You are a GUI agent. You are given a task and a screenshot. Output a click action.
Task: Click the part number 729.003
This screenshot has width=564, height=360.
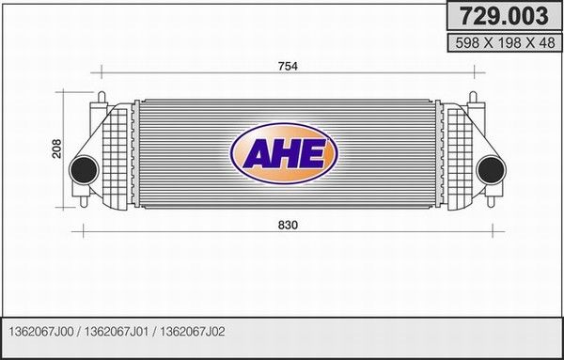(x=504, y=16)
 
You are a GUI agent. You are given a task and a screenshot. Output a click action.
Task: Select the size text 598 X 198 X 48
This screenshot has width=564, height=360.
(x=505, y=43)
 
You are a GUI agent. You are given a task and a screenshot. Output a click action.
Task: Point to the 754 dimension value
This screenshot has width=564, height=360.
(x=288, y=66)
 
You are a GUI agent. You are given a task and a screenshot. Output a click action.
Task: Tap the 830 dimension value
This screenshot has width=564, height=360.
(x=288, y=226)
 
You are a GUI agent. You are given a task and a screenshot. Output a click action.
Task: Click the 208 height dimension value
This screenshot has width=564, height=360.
(x=57, y=149)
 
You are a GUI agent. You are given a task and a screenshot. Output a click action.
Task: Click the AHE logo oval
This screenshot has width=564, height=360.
(x=284, y=153)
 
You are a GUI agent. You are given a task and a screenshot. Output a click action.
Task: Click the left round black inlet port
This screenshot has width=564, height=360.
(x=84, y=170)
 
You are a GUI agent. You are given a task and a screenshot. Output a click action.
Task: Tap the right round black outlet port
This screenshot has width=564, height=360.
(x=492, y=170)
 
